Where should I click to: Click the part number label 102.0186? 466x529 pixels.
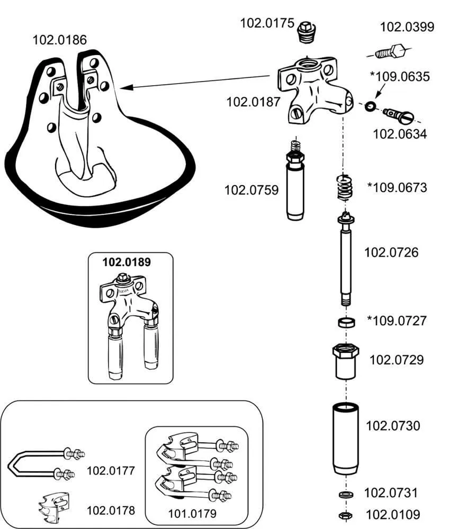(60, 40)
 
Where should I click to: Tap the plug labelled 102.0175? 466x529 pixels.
(306, 32)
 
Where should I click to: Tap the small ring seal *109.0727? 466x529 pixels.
(346, 322)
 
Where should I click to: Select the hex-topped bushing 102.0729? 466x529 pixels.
(346, 361)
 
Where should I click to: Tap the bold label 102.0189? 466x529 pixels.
(126, 262)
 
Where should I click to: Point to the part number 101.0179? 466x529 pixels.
(192, 513)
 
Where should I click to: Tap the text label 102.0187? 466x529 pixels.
(253, 102)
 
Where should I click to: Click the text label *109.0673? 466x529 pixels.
(397, 187)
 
